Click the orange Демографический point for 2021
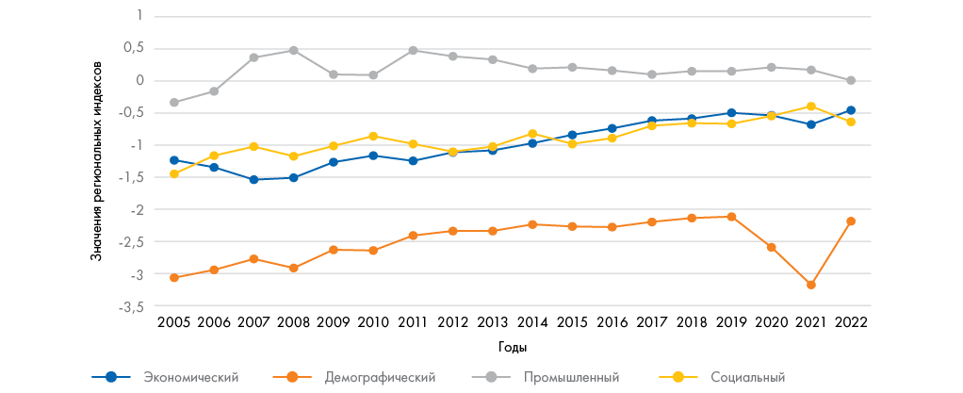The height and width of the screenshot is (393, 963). [x=811, y=285]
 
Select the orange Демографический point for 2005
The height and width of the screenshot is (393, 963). [x=174, y=278]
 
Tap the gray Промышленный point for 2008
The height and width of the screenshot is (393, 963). [x=294, y=50]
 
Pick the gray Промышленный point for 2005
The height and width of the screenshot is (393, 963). [x=174, y=103]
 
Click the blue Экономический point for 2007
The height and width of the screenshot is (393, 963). [x=253, y=179]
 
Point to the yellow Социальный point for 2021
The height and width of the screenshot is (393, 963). [x=811, y=106]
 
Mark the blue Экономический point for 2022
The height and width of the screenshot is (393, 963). [x=851, y=110]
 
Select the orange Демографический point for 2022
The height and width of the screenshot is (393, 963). [x=851, y=221]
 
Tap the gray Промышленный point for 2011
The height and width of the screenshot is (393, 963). [x=413, y=50]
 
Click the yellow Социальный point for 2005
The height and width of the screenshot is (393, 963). [x=174, y=174]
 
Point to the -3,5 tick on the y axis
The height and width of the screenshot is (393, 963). [x=132, y=307]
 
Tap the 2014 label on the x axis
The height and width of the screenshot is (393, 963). [x=531, y=322]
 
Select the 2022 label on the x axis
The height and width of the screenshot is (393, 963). [x=851, y=322]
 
